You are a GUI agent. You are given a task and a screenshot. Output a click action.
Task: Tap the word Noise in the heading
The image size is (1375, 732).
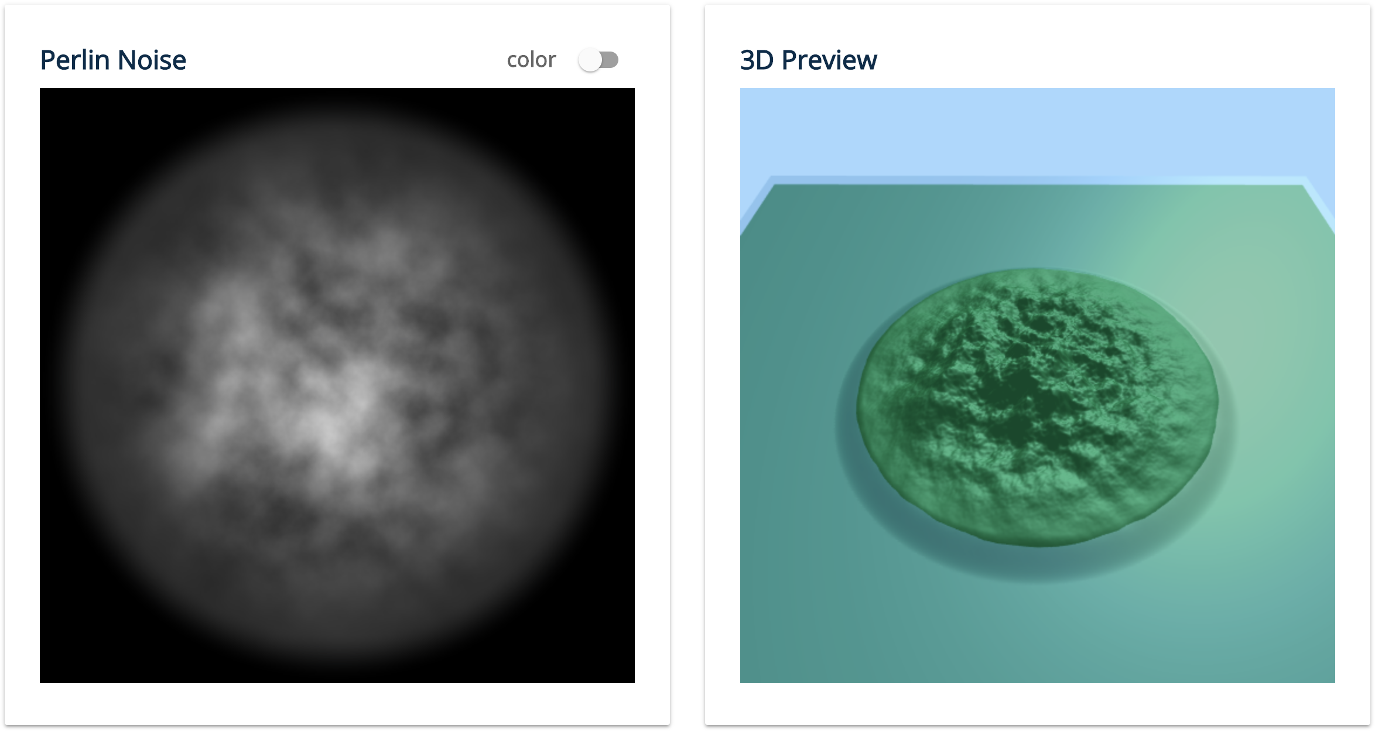coord(152,60)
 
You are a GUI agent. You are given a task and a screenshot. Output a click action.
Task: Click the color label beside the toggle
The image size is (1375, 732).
coord(531,60)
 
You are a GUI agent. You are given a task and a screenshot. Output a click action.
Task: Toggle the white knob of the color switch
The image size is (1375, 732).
coord(590,60)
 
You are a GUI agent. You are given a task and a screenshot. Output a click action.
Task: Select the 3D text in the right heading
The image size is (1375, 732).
coord(757,60)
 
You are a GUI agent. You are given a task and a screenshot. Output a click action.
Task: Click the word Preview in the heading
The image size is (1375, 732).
coord(829,60)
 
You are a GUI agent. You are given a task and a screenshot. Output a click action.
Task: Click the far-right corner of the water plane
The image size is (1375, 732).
coord(1303,185)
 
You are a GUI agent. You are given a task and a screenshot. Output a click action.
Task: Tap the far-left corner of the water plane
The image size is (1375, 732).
coord(774,185)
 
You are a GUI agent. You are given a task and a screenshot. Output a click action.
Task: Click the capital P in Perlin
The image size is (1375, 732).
coord(47,60)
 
